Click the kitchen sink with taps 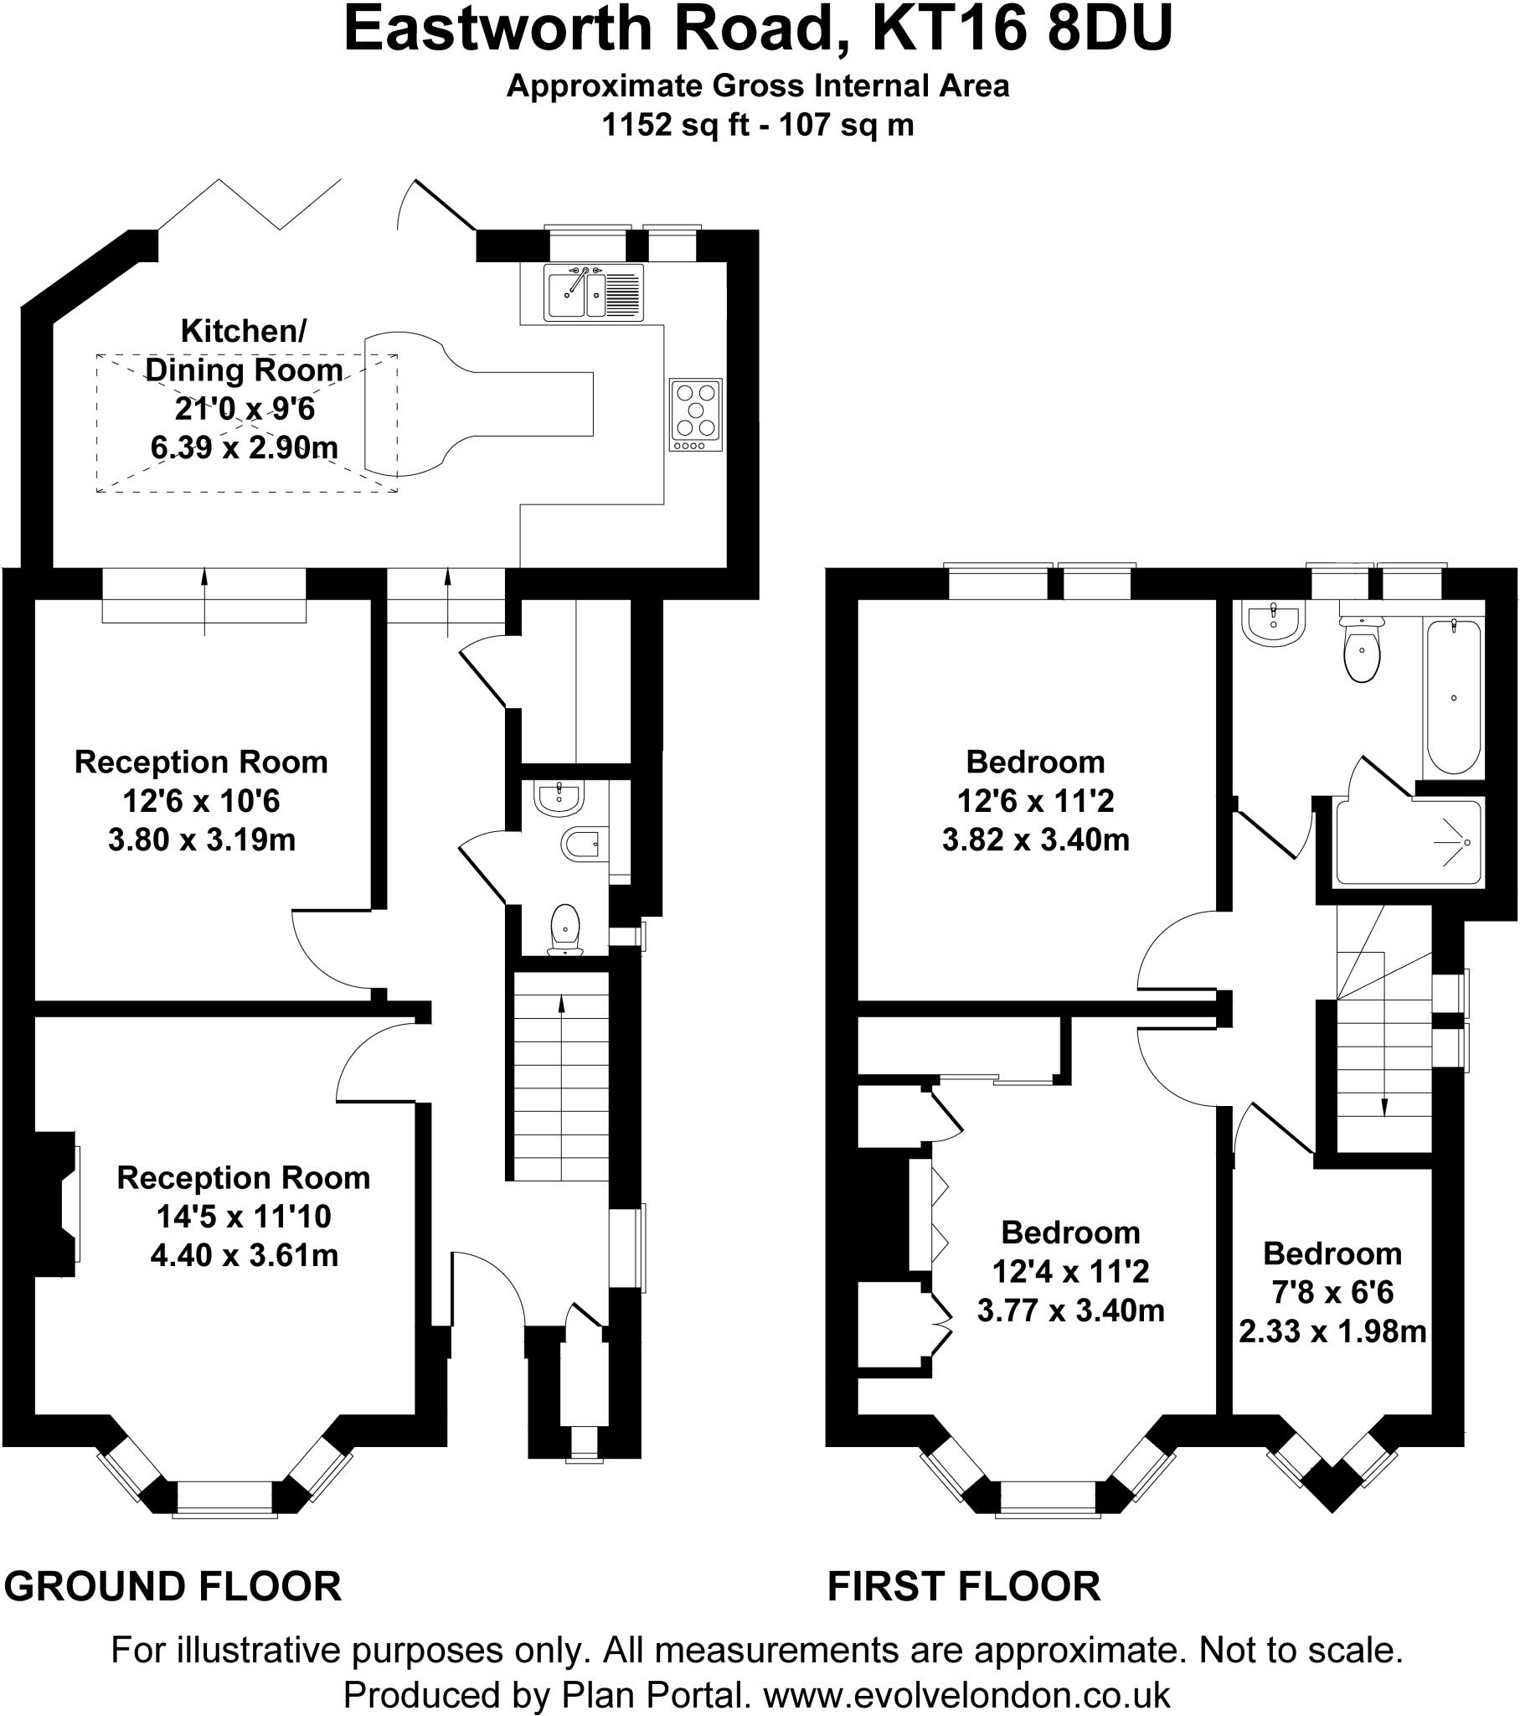pyautogui.click(x=593, y=292)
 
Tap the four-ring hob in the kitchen pyautogui.click(x=696, y=414)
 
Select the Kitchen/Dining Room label pyautogui.click(x=244, y=350)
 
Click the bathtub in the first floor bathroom pyautogui.click(x=1453, y=697)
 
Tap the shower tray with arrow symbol pyautogui.click(x=1408, y=842)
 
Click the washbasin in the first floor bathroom pyautogui.click(x=1274, y=623)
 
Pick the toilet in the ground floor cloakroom pyautogui.click(x=564, y=928)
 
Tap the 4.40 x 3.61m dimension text pyautogui.click(x=245, y=1255)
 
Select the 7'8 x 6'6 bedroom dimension pyautogui.click(x=1332, y=1292)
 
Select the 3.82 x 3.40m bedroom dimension pyautogui.click(x=1036, y=839)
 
